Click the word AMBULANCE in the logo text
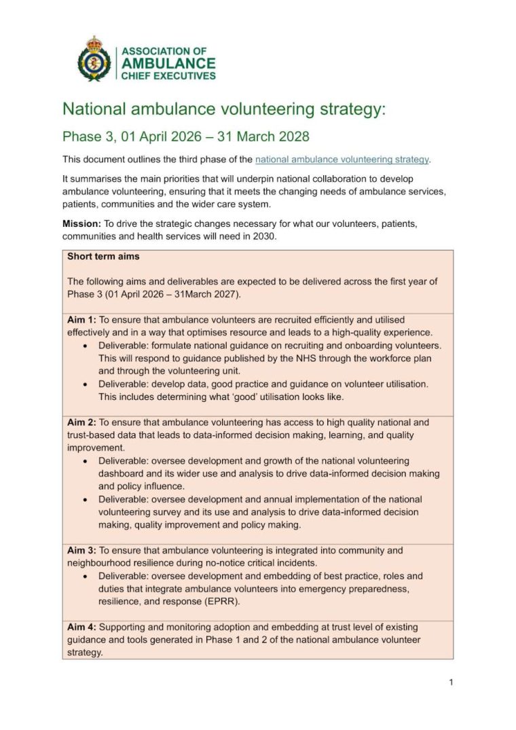coord(168,63)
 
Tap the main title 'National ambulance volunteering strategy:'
coord(224,109)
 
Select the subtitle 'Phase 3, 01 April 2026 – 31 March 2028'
coord(186,136)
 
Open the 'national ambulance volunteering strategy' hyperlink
coord(342,160)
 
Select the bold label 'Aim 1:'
coord(81,319)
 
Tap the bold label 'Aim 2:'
coord(81,422)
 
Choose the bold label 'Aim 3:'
coord(81,550)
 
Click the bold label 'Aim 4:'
coord(81,627)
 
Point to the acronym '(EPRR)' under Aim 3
coord(224,602)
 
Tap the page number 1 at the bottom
coord(451,682)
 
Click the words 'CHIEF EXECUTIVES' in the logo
coord(168,75)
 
